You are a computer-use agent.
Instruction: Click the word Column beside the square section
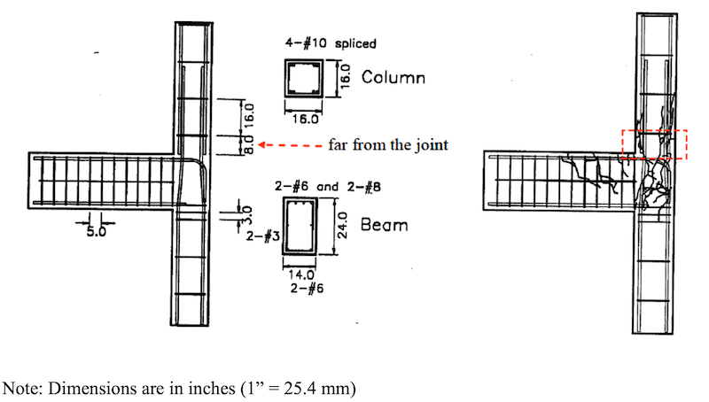[393, 78]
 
